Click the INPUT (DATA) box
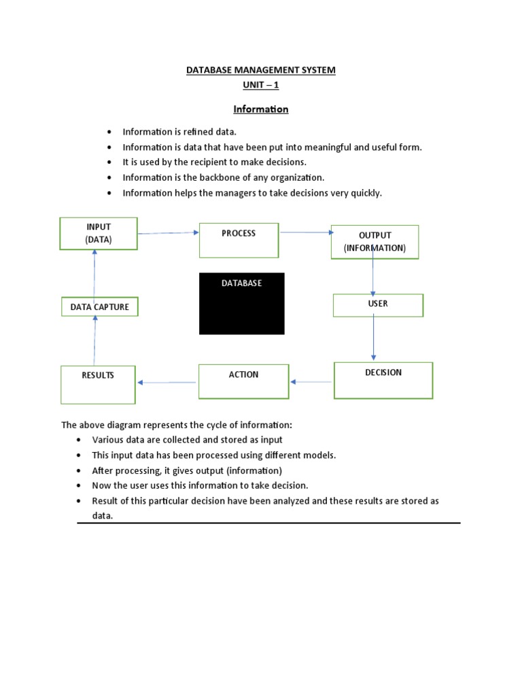tap(99, 233)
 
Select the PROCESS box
tap(239, 240)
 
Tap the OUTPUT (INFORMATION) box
tap(375, 242)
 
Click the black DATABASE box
tap(241, 303)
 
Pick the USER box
tap(378, 305)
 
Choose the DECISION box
tap(383, 380)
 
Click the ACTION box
tap(243, 381)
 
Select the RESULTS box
tap(98, 385)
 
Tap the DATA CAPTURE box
tap(99, 307)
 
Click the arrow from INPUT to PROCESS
tap(168, 233)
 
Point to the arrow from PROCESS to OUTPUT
tap(304, 232)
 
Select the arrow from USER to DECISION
tap(373, 338)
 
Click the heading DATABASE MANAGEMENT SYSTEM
tap(261, 70)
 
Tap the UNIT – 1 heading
tap(261, 85)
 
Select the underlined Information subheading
tap(261, 109)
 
